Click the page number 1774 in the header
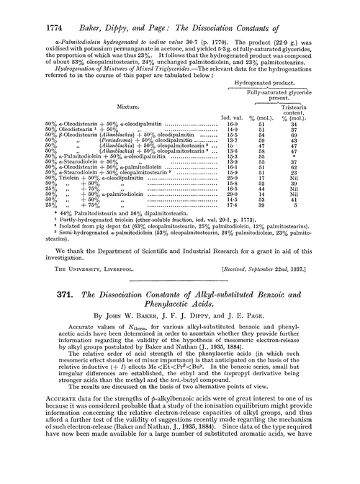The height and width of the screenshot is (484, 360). tap(27, 9)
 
